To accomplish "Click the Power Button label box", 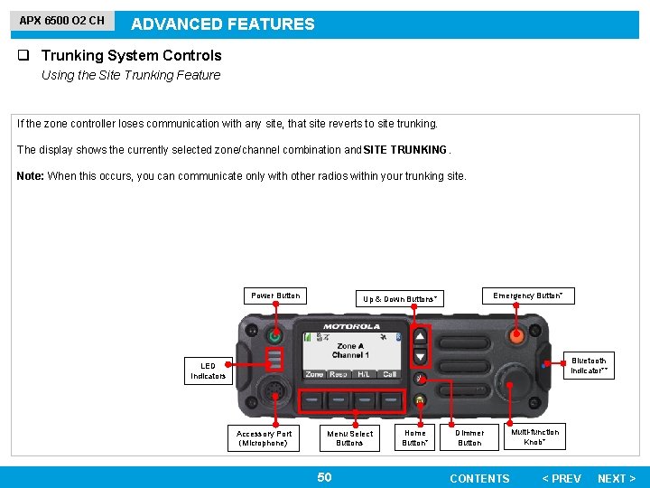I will coord(275,296).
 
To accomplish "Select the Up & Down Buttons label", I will coord(400,298).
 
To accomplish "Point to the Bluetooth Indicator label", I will coord(589,365).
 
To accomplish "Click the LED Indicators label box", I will coord(208,371).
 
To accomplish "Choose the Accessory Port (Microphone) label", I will coord(265,438).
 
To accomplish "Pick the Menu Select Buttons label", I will coord(349,438).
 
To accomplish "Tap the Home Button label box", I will coord(415,437).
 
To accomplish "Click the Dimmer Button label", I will coord(469,437).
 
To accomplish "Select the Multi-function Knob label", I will coord(534,436).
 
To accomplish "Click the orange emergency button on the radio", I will coord(516,336).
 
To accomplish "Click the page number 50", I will coord(324,477).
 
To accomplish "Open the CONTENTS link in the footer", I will coord(479,478).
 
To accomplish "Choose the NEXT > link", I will coord(617,478).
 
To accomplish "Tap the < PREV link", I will coord(561,478).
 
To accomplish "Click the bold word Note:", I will coord(30,176).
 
